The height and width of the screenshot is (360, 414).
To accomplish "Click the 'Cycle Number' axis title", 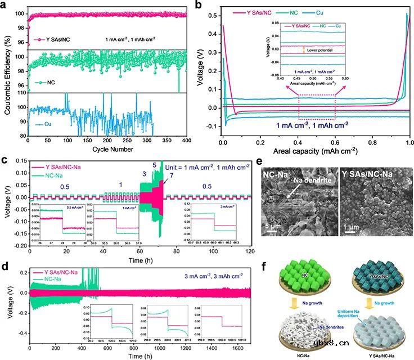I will [x=111, y=149].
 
